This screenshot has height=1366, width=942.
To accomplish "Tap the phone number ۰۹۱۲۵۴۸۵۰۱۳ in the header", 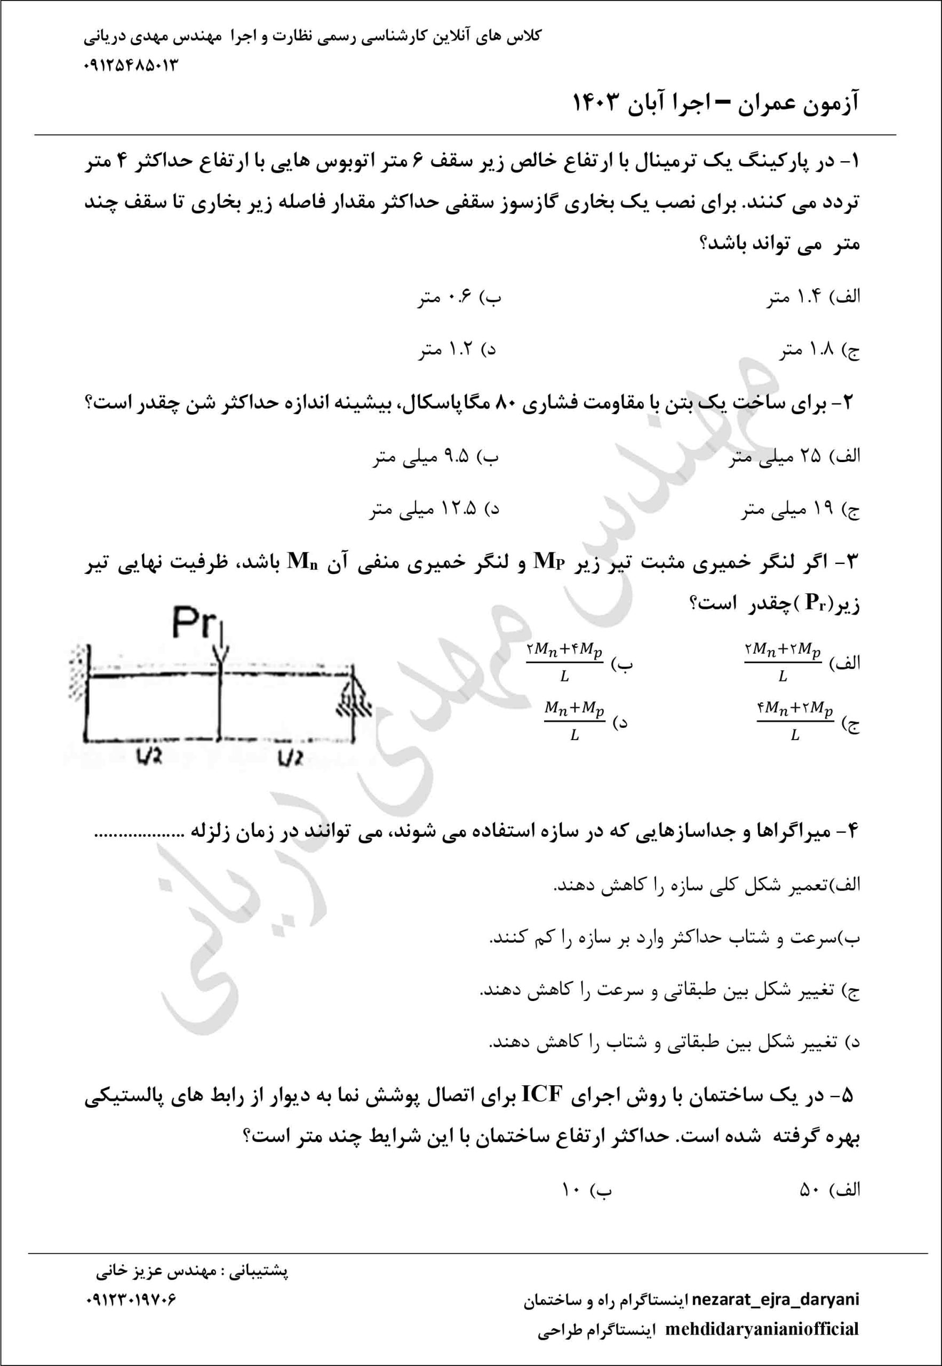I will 131,65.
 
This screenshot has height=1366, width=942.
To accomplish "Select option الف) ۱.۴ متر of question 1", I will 812,299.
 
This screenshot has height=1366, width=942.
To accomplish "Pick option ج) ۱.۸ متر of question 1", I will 818,351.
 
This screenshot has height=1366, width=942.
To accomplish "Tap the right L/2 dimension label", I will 290,757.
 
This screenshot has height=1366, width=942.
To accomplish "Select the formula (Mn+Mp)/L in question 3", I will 574,722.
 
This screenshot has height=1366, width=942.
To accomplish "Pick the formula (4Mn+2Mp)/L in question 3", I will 794,722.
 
